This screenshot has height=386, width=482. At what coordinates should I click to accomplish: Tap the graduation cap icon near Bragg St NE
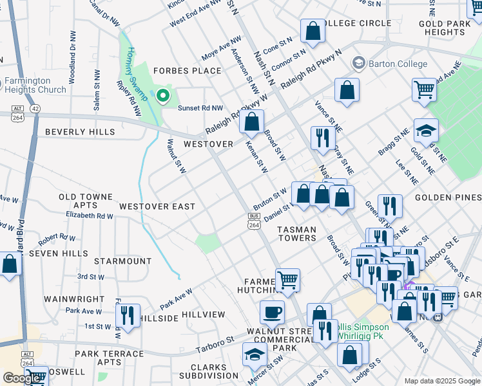click(x=426, y=131)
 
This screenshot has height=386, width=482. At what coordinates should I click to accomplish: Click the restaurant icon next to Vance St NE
click(x=323, y=137)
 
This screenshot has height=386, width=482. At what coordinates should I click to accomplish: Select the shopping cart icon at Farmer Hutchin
click(x=287, y=280)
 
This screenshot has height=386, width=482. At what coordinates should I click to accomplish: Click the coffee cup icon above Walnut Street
click(x=272, y=313)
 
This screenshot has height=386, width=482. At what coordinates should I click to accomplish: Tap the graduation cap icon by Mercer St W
click(x=255, y=354)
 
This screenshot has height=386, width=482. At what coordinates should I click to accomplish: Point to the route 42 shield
click(x=34, y=109)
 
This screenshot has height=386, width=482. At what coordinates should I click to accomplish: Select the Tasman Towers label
click(x=296, y=234)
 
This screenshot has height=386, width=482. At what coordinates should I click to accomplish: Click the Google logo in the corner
click(x=21, y=378)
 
